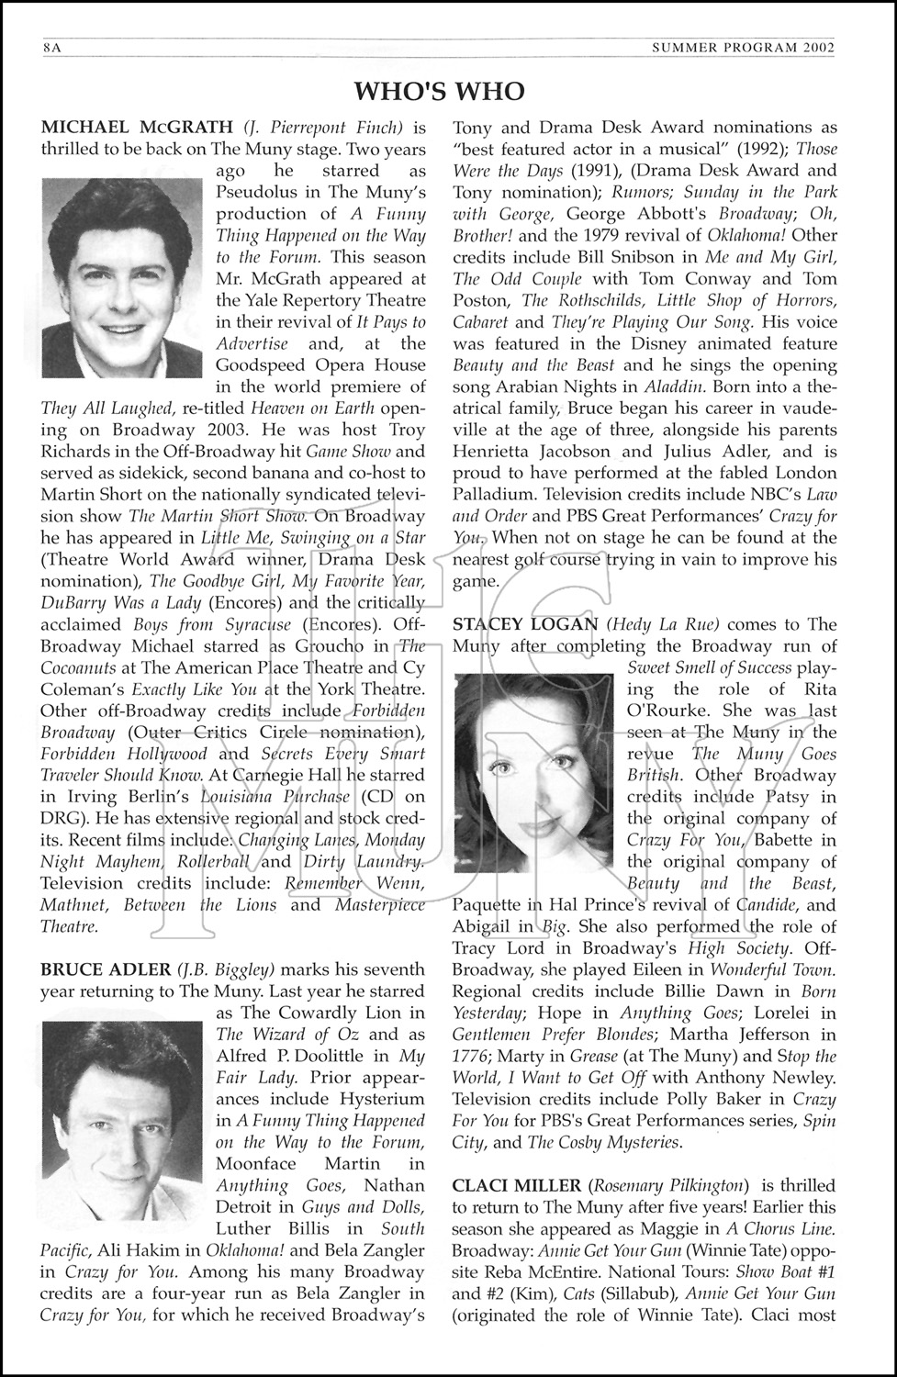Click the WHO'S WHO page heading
pyautogui.click(x=439, y=90)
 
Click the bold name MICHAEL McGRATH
pyautogui.click(x=138, y=128)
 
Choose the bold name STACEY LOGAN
pyautogui.click(x=525, y=625)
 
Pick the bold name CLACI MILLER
pyautogui.click(x=516, y=1187)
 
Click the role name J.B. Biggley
pyautogui.click(x=226, y=969)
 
